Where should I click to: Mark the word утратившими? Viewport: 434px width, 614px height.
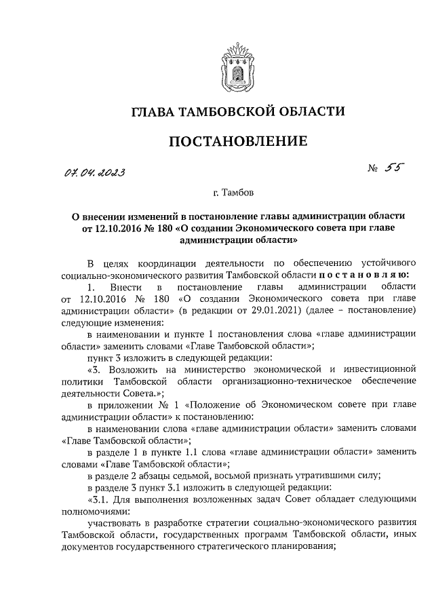click(x=307, y=476)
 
